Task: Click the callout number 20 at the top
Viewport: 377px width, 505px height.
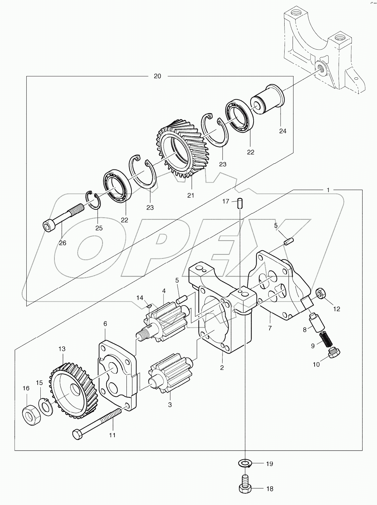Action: pos(157,76)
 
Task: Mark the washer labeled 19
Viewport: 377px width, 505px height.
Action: pos(246,463)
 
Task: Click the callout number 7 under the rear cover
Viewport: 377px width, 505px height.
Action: pos(270,328)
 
